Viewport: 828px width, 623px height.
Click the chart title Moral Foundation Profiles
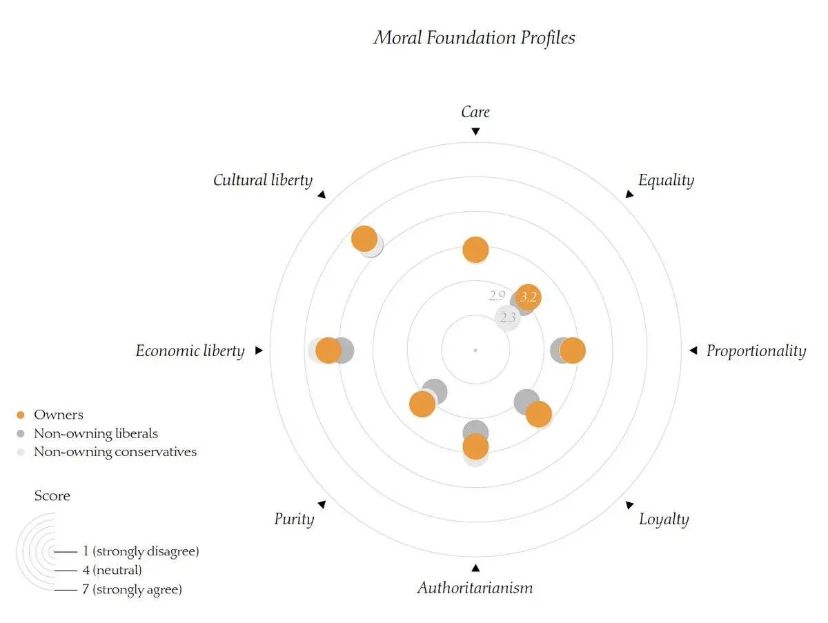point(474,38)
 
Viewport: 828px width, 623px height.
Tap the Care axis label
point(475,112)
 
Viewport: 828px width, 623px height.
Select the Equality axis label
point(666,180)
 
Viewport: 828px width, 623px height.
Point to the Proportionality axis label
point(756,350)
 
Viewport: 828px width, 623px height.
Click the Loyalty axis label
point(664,520)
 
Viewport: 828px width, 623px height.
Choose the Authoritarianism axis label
point(475,588)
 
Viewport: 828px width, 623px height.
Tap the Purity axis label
point(294,520)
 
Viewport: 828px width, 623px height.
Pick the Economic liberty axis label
point(190,350)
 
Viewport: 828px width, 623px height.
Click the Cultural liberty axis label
point(263,180)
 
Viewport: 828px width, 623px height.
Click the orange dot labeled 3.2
point(528,297)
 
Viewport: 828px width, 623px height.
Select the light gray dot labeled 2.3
point(508,318)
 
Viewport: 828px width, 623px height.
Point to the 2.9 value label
point(497,295)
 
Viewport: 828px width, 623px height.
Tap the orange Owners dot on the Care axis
point(475,249)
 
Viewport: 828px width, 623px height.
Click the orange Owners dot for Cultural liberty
point(364,239)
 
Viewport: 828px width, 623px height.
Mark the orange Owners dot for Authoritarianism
point(475,446)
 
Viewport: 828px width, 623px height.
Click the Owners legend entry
point(50,415)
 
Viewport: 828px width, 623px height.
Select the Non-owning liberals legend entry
point(88,434)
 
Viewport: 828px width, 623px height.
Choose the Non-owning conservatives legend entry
point(107,452)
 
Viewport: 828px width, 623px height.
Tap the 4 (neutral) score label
point(112,570)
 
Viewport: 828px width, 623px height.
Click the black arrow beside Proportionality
point(693,350)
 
